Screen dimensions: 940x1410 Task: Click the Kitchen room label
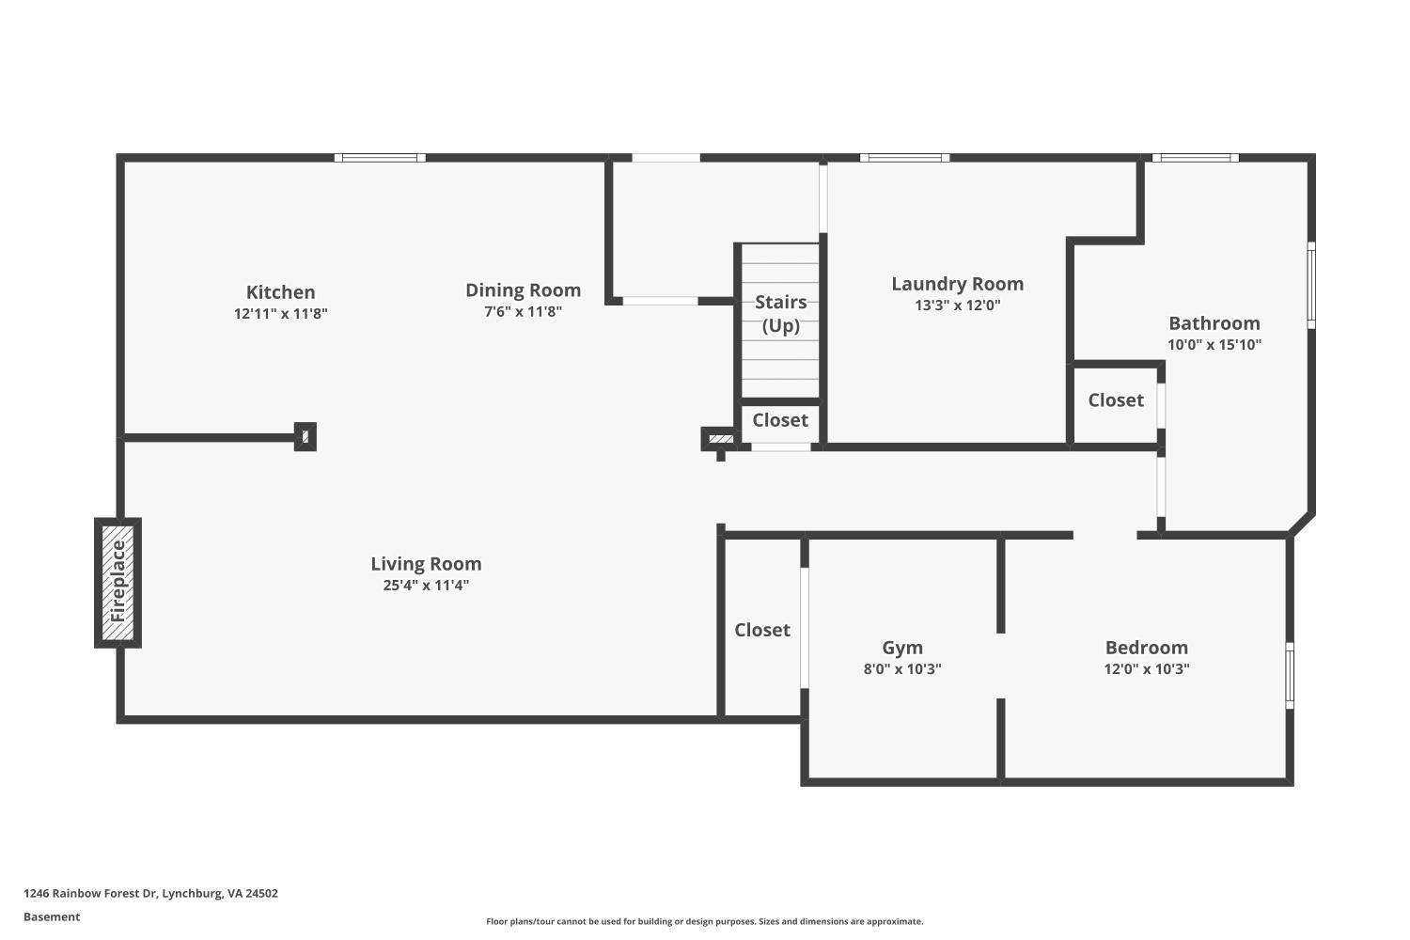point(280,292)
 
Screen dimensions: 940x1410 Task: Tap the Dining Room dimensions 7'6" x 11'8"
point(523,312)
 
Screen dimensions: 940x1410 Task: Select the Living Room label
point(426,564)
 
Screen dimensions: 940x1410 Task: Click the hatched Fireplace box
point(117,583)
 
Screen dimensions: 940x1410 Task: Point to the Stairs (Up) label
point(780,313)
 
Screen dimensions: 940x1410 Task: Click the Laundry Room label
point(957,284)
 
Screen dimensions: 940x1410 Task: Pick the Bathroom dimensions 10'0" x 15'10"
point(1214,345)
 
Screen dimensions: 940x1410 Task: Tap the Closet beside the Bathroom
point(1116,400)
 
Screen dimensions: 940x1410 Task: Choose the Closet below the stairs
point(779,420)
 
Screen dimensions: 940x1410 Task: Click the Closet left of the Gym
point(761,630)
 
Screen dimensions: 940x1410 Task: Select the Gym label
point(902,648)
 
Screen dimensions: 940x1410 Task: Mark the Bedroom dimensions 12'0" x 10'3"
point(1146,669)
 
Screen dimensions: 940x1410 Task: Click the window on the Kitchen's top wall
point(380,158)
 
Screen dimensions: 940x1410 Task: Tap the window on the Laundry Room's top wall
point(904,158)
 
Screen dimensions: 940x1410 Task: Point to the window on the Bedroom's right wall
point(1290,675)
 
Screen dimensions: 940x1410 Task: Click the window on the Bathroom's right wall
point(1311,285)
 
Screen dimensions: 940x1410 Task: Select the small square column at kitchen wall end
point(305,437)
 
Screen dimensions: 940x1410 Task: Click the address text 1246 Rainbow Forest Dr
point(150,894)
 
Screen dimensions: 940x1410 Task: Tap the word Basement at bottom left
point(52,917)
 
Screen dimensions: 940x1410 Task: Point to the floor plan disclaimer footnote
point(704,922)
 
